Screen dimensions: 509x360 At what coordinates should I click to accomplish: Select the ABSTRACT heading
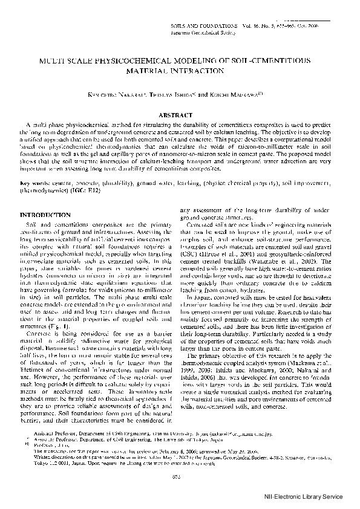(x=180, y=114)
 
